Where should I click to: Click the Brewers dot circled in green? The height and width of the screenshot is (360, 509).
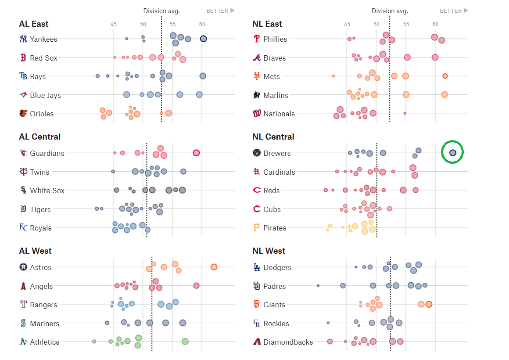pos(452,152)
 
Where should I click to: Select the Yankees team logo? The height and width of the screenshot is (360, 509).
pos(23,39)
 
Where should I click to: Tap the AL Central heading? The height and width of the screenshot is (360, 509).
pos(40,137)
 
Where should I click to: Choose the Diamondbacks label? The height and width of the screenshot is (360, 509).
pos(288,342)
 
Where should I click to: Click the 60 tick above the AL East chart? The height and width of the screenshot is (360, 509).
pos(202,24)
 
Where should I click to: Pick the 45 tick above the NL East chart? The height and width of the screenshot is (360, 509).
pos(347,24)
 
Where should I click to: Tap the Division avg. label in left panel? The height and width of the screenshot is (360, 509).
pos(161,11)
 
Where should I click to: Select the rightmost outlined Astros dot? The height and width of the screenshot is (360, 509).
pos(214,267)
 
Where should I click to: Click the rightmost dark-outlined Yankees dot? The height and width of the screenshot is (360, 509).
pos(204,39)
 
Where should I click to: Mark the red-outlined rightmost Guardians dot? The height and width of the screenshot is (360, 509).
pos(196,153)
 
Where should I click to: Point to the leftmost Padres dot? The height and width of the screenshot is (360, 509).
pos(318,285)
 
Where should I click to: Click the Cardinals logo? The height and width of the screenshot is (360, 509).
pos(257,172)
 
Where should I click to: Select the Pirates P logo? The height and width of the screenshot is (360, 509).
pos(257,228)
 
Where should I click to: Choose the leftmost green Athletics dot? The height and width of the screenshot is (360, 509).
pos(94,341)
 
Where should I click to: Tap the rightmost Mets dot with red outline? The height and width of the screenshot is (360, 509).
pos(445,76)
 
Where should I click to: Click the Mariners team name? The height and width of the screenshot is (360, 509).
pos(44,324)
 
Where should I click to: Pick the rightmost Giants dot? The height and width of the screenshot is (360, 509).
pos(429,304)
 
